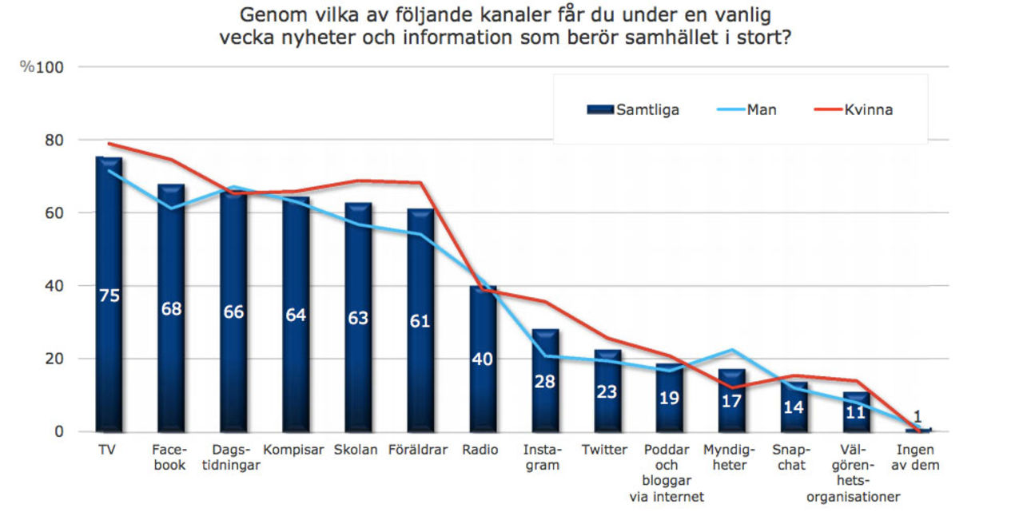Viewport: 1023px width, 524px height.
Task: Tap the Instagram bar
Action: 544,399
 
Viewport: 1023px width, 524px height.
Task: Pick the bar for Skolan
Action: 357,359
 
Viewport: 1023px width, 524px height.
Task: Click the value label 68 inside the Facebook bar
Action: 171,308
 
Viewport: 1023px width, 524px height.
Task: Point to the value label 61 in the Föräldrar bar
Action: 420,321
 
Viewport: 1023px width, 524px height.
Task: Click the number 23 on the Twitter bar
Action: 607,391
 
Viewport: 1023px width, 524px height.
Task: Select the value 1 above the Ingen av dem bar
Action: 918,416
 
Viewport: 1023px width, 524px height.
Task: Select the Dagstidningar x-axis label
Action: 233,458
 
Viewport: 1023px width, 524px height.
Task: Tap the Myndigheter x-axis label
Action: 730,458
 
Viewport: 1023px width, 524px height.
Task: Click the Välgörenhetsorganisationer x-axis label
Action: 854,474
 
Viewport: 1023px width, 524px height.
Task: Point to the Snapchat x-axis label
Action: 791,458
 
